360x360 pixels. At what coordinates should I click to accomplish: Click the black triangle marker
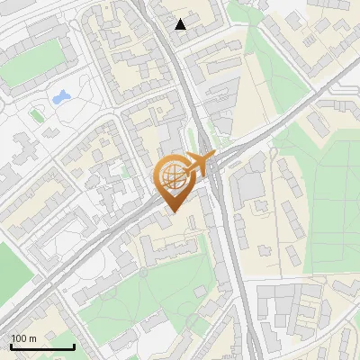[x=181, y=24]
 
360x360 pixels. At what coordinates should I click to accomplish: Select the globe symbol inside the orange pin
[x=173, y=176]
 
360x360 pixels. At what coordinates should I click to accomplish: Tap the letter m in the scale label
[x=33, y=338]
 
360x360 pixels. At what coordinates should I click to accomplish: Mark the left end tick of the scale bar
[x=11, y=346]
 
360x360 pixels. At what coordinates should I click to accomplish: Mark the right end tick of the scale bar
[x=74, y=346]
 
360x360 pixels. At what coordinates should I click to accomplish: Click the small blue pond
[x=61, y=95]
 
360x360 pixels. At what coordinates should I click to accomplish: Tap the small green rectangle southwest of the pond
[x=36, y=115]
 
